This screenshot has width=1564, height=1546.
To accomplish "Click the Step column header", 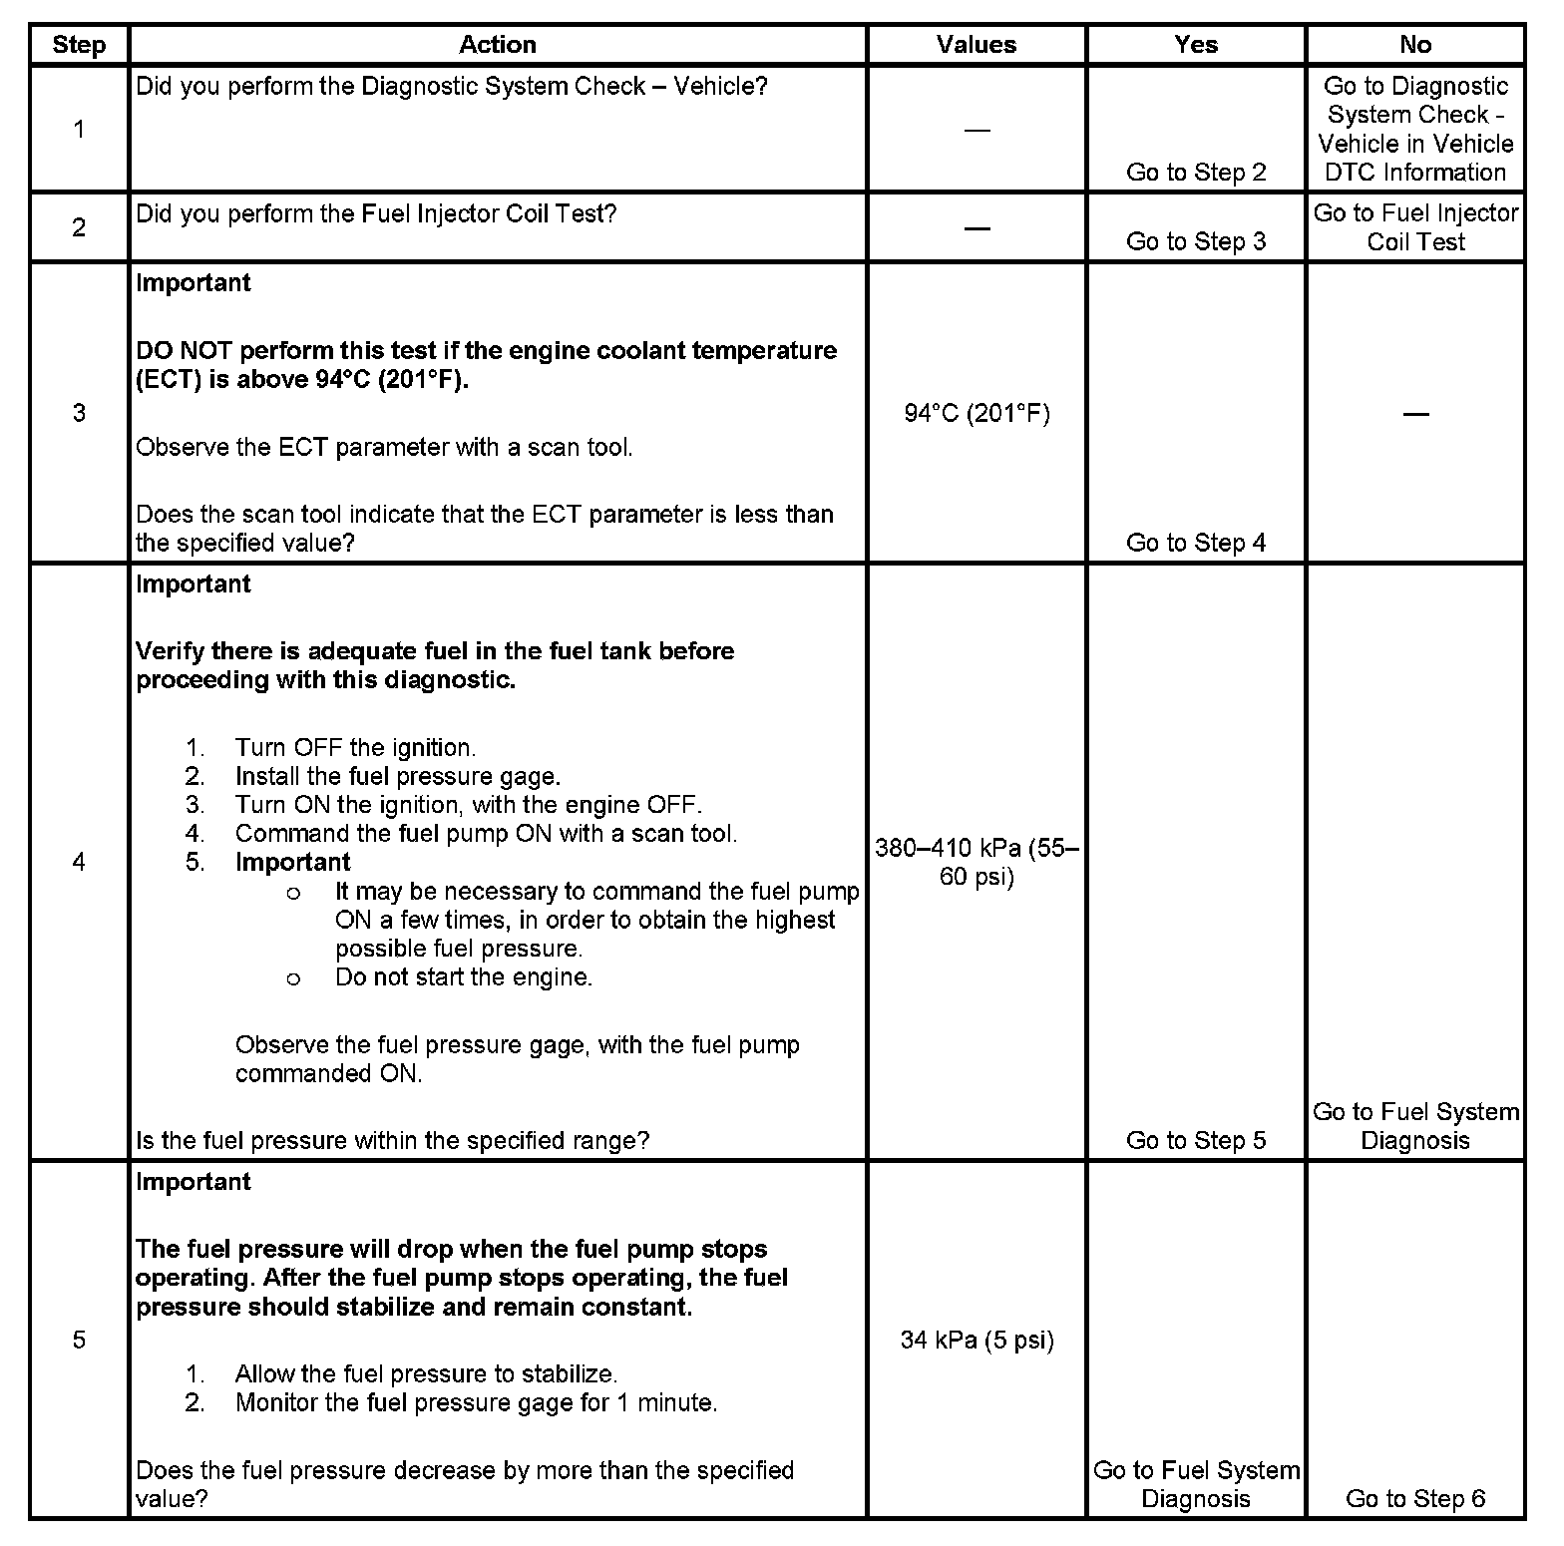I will [79, 45].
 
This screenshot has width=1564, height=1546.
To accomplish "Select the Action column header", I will [497, 45].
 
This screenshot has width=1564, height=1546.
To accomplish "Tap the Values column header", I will [977, 45].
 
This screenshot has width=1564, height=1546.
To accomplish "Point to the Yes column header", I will [1195, 45].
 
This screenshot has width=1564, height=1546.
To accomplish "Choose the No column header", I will [1414, 45].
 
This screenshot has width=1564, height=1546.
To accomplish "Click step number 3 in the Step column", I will [79, 413].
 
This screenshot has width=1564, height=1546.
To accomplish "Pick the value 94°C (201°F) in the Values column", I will [977, 413].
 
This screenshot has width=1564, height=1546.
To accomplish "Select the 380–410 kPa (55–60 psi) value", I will [977, 862].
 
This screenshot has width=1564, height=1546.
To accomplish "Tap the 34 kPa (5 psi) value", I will [977, 1340].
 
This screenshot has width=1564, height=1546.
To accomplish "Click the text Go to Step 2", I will [1195, 173].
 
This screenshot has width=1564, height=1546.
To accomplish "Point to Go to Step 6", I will [1414, 1498].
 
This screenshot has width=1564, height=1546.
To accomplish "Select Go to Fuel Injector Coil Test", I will [1414, 227].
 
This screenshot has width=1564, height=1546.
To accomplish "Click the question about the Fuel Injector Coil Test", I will [376, 214].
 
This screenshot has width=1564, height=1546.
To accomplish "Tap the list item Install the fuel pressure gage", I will [397, 776].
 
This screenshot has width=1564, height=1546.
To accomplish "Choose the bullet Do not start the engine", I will [464, 977].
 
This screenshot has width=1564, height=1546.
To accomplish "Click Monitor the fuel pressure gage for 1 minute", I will [476, 1402].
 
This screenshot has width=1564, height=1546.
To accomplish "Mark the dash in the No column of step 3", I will [1414, 413].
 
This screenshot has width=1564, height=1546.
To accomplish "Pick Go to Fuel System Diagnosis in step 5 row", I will [1195, 1484].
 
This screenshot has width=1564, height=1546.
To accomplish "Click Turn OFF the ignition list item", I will [355, 748].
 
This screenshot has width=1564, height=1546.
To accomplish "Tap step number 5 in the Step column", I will [79, 1340].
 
